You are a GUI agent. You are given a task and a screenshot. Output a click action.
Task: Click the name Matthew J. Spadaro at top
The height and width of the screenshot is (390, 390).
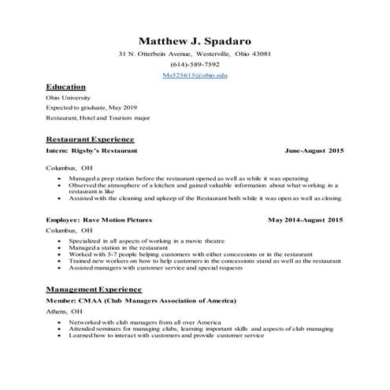click(x=195, y=39)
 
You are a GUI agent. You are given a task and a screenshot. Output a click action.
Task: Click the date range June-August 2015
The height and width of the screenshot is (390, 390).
click(x=314, y=149)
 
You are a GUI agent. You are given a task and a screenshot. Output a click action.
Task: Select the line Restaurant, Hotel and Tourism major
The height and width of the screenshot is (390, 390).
click(x=98, y=117)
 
